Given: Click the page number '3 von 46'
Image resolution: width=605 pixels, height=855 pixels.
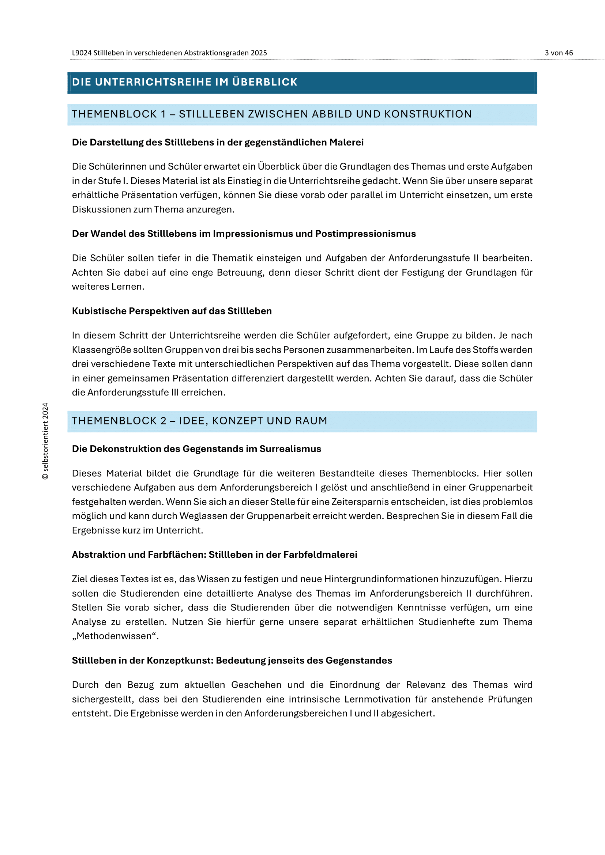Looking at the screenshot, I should click(x=559, y=53).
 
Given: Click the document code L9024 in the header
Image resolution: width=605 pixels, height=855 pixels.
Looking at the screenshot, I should click(x=82, y=53).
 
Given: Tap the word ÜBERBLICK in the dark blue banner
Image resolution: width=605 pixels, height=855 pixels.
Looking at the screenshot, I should click(x=264, y=82).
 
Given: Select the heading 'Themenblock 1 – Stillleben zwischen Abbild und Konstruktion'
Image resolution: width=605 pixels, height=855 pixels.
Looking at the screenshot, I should click(x=271, y=114).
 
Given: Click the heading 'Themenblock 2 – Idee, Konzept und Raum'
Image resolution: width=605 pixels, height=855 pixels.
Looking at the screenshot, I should click(x=199, y=421).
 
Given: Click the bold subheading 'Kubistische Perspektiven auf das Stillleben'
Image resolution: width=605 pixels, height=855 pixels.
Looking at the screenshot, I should click(x=172, y=311).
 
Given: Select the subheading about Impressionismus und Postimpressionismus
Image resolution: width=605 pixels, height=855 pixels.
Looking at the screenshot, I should click(x=244, y=234).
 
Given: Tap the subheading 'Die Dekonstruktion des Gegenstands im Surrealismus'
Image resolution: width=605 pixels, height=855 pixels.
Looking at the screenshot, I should click(x=196, y=449).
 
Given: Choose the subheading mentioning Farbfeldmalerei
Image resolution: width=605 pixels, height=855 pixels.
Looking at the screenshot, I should click(x=214, y=555).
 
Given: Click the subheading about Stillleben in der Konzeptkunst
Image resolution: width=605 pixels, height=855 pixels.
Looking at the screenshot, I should click(x=232, y=660).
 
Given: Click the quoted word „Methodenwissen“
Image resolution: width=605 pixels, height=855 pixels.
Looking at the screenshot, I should click(x=115, y=636).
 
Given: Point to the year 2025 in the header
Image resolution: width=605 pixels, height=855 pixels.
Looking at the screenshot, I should click(x=259, y=53).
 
